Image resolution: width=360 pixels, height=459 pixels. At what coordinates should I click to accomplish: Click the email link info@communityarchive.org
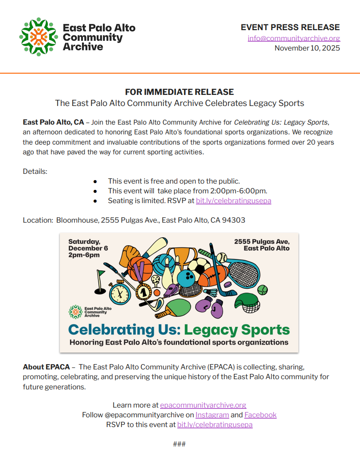[x=293, y=38]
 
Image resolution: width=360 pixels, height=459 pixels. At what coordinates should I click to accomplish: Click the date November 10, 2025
[x=307, y=48]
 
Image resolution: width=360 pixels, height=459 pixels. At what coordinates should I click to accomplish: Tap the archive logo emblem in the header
[x=39, y=37]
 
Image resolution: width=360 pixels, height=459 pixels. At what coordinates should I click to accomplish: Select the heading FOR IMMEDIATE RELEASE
[x=179, y=92]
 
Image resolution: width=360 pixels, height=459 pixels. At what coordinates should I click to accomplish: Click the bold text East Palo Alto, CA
[x=53, y=122]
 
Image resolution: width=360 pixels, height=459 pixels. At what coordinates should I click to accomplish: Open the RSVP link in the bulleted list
[x=234, y=201]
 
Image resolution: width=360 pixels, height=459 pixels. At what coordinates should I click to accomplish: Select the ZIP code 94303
[x=235, y=220]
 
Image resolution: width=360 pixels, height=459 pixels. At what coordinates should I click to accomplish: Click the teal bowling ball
[x=186, y=279]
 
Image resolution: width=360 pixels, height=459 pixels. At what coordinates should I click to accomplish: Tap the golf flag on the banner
[x=101, y=276]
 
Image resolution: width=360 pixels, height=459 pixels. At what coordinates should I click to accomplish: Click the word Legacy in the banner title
[x=212, y=330]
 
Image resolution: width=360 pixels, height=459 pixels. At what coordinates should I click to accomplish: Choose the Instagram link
[x=212, y=415]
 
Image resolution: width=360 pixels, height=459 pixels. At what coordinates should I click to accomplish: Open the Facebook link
[x=260, y=415]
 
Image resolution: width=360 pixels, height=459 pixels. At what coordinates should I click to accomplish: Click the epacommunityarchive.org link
[x=203, y=405]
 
